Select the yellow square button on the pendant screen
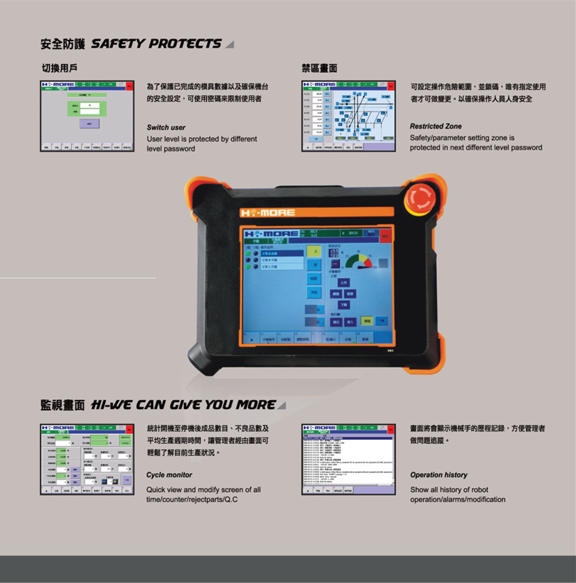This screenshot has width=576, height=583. [314, 251]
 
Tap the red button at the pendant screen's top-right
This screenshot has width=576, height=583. [386, 235]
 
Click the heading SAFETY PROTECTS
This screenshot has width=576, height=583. [156, 44]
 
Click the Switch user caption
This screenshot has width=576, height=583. [166, 127]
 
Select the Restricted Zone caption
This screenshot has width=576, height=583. [435, 126]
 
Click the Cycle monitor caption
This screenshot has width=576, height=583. [169, 475]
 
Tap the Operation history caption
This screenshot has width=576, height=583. [439, 475]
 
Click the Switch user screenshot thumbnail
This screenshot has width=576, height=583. [87, 115]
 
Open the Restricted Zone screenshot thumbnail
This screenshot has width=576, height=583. [349, 115]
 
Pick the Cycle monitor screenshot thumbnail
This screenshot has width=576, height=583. [87, 459]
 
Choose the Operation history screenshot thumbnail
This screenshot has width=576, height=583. [349, 459]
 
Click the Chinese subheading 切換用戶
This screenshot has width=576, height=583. [59, 68]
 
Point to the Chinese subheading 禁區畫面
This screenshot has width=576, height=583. [319, 68]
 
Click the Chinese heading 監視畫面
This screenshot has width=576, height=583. [62, 405]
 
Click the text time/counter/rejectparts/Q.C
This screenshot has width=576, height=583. [192, 500]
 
